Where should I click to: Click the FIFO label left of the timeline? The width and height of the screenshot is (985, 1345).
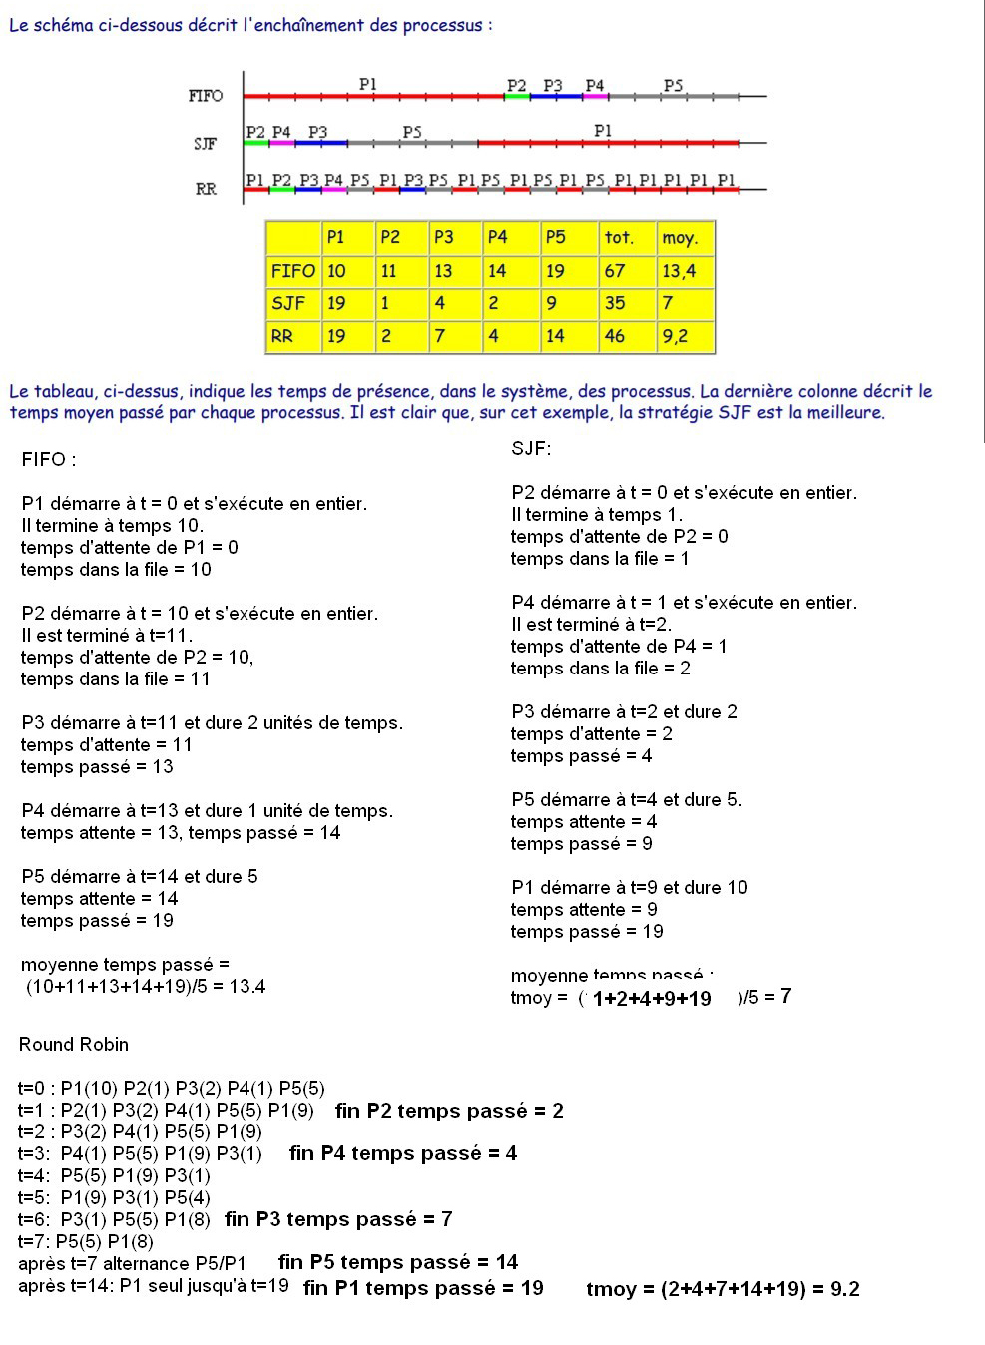205,96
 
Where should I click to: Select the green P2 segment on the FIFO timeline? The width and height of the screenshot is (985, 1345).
517,96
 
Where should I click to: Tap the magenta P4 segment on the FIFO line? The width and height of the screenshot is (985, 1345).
595,96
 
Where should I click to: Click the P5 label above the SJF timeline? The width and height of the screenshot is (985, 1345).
412,132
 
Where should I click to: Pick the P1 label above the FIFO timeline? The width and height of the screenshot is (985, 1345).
368,84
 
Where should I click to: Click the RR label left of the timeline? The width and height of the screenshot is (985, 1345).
206,188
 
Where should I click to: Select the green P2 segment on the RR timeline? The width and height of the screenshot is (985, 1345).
282,189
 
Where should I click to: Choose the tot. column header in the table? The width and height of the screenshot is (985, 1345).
619,237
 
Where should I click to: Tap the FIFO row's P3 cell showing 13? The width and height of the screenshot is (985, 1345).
443,270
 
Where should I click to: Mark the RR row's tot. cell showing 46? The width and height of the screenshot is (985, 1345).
615,336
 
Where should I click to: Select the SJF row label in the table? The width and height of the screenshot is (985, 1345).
288,303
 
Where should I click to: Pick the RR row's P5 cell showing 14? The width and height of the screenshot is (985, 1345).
555,336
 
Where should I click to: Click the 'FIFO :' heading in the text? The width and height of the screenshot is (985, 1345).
48,460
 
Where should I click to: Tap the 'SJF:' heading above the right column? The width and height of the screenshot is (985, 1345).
531,449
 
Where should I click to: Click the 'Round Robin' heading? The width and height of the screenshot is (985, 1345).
74,1045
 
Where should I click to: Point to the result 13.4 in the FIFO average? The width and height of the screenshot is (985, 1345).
247,987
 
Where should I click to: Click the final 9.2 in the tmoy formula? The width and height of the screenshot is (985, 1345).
845,1289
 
